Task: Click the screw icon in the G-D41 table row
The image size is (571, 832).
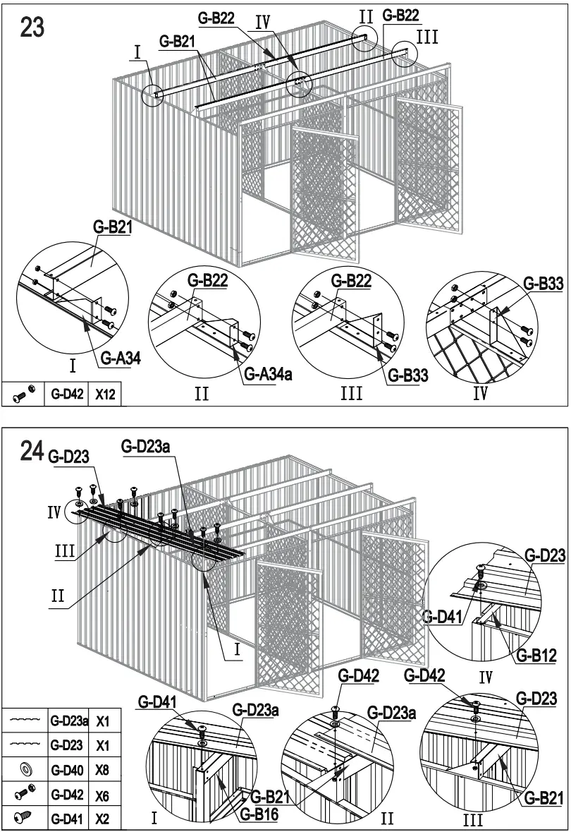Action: click(24, 819)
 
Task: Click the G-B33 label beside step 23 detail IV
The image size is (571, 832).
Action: click(544, 283)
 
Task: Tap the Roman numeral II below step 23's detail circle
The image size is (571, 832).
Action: click(202, 393)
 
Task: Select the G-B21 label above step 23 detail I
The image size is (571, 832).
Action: click(113, 227)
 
